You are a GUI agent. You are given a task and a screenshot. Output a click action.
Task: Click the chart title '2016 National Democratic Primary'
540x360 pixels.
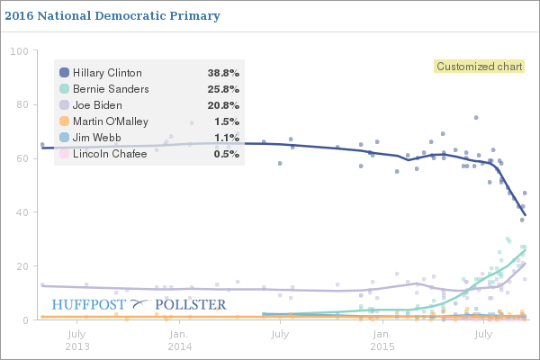coord(112,16)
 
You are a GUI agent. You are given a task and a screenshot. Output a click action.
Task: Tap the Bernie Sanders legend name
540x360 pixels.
coord(111,89)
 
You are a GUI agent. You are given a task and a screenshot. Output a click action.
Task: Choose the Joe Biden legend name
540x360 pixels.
coord(97,105)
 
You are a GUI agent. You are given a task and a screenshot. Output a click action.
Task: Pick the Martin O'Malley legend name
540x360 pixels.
coord(110,121)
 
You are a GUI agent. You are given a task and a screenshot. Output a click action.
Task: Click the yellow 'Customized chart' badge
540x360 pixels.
coord(467,67)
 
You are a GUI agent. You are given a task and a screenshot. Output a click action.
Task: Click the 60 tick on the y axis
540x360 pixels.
coord(22,158)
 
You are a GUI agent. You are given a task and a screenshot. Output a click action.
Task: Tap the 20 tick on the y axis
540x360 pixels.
coord(22,266)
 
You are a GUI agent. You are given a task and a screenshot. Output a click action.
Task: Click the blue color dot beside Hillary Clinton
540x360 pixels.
coord(65,73)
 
